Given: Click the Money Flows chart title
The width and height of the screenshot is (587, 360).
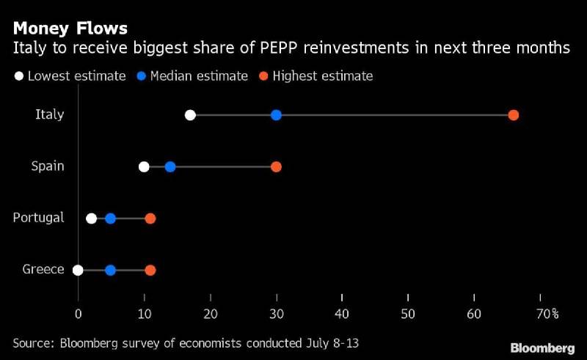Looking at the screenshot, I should pos(70,29).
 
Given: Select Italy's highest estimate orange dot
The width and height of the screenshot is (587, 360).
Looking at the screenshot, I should pos(514,115).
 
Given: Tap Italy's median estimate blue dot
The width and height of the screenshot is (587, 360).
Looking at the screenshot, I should pos(276,115).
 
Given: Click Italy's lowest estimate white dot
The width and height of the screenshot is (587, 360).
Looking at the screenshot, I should pos(190,115).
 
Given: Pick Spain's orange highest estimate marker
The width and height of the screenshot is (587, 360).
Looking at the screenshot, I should pos(276,166).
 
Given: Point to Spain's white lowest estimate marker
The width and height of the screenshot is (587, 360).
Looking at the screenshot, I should pos(144,166).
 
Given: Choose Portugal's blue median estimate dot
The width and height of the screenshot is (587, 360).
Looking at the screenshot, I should pos(110,218).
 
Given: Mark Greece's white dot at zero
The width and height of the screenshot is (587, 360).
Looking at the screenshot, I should pos(78,270).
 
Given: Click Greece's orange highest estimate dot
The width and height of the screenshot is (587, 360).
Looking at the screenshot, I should pos(150,270).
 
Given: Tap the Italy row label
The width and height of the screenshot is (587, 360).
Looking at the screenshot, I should pos(50,114).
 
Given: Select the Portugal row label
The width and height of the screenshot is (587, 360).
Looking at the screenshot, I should pos(39,218).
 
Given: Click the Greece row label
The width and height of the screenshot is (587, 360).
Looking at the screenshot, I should pos(43,269).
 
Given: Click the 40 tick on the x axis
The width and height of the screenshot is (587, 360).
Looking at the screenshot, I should pos(342,314).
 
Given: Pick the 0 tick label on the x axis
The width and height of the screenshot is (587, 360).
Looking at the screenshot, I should pos(78,314).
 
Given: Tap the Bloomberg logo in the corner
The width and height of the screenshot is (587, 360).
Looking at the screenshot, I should pos(542,347).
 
